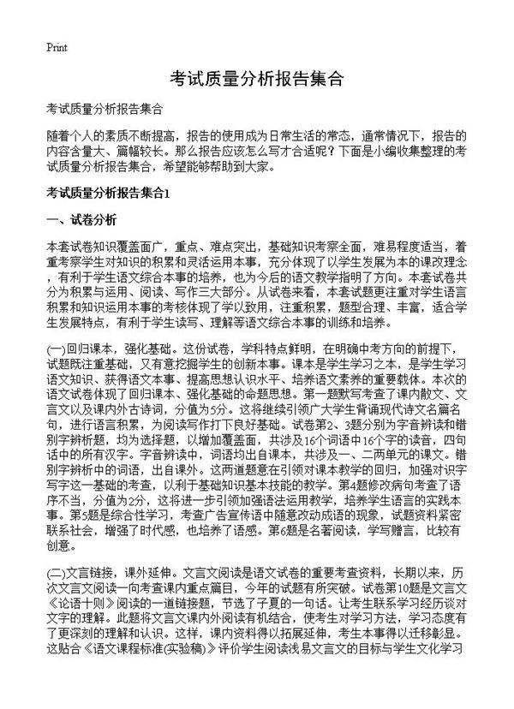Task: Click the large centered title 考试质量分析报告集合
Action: point(257,79)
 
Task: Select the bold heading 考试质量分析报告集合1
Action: point(111,192)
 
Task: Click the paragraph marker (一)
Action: point(57,349)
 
